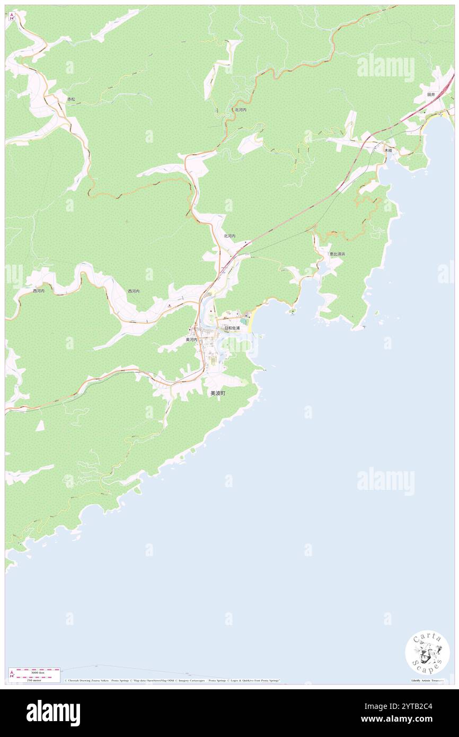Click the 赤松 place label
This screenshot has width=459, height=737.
coord(71,99)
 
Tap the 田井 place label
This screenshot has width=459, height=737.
coord(431,94)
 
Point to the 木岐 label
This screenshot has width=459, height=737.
coord(389,151)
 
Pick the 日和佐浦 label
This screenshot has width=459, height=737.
coord(232,328)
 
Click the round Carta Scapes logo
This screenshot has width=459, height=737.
coord(427,654)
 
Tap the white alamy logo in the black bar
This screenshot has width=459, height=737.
coord(54,713)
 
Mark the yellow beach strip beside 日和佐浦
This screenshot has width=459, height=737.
coord(250,321)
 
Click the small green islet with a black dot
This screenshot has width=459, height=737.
coord(292,311)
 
